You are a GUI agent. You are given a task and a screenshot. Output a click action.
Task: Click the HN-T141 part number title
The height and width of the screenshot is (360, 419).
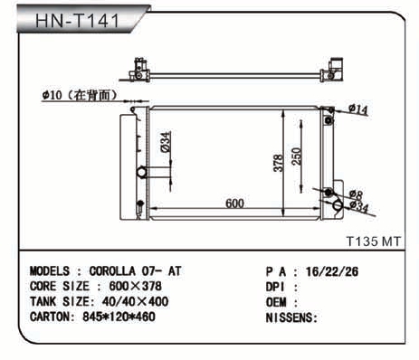pyautogui.click(x=78, y=21)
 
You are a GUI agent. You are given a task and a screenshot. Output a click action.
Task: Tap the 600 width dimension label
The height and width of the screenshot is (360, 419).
pyautogui.click(x=234, y=204)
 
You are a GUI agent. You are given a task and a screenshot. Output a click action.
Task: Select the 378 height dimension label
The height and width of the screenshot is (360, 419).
pyautogui.click(x=278, y=163)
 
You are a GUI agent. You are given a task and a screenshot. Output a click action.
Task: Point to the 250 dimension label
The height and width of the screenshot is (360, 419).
pyautogui.click(x=297, y=156)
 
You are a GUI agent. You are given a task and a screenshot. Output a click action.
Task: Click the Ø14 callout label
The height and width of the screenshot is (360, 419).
pyautogui.click(x=358, y=109)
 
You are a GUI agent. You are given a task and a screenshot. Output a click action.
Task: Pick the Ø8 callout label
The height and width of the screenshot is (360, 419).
pyautogui.click(x=356, y=194)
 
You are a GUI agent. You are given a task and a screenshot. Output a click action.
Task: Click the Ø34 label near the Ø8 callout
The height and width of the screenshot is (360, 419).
pyautogui.click(x=359, y=207)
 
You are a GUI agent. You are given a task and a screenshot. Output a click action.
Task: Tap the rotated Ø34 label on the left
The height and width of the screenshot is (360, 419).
pyautogui.click(x=166, y=142)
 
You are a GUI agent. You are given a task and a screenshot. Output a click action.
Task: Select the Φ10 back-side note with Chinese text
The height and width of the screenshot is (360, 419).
pyautogui.click(x=80, y=95)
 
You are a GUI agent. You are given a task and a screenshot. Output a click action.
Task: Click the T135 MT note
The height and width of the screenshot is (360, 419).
pyautogui.click(x=373, y=242)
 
